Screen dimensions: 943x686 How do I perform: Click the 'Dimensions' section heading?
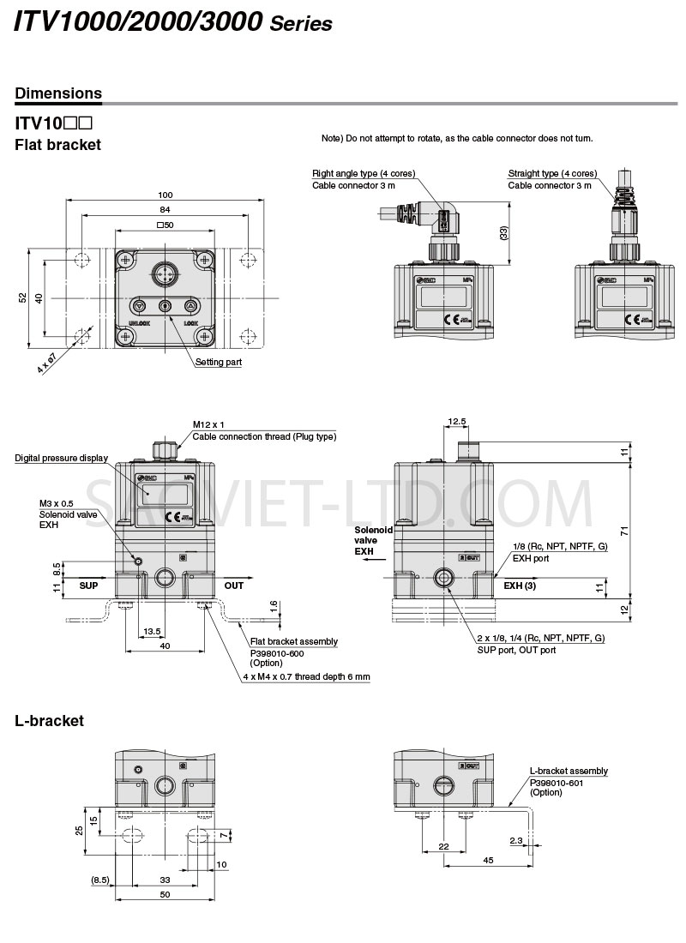click(58, 93)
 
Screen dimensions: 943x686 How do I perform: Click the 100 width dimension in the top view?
click(165, 195)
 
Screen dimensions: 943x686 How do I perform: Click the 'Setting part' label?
click(219, 363)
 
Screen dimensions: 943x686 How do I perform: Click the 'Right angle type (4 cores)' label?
click(364, 173)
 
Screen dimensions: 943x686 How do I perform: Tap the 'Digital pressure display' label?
click(61, 458)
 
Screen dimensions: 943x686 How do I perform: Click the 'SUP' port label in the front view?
click(89, 586)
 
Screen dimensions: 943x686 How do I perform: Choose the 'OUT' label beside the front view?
click(234, 586)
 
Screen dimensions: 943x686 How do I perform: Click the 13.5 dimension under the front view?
click(152, 631)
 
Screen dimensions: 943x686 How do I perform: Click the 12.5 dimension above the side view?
click(457, 421)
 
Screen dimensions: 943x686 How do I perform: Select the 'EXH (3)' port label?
click(520, 586)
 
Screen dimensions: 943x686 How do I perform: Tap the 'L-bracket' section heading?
click(50, 721)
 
